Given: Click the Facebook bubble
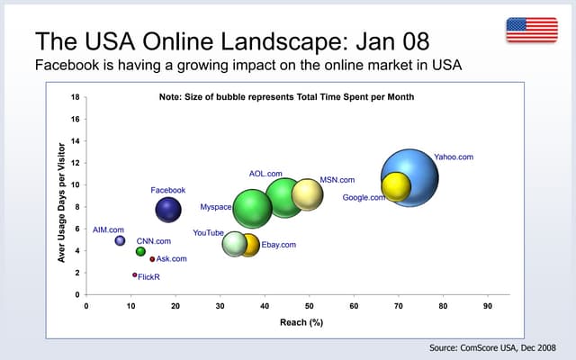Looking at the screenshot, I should [168, 210].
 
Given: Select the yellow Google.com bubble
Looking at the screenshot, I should [396, 186].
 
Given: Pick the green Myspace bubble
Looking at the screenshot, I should [253, 209].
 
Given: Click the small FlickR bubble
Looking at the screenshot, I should [134, 274].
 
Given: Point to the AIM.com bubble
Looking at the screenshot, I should [120, 240].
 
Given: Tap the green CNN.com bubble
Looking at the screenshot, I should [140, 252].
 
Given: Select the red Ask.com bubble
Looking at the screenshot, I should [152, 259].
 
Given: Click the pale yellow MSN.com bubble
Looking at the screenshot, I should [307, 193].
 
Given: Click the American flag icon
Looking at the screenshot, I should [531, 30].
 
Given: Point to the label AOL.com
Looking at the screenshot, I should [265, 173].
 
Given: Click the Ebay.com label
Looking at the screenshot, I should [278, 244].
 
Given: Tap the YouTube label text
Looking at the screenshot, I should [208, 233].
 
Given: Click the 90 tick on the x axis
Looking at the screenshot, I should [487, 306].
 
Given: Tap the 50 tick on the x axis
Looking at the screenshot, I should [309, 306].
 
